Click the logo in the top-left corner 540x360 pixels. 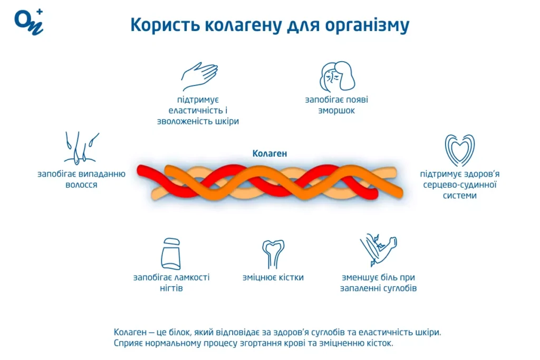pyautogui.click(x=28, y=22)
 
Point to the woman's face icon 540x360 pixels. pyautogui.click(x=337, y=76)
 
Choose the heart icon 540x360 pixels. pyautogui.click(x=459, y=150)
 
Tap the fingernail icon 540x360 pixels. pyautogui.click(x=171, y=254)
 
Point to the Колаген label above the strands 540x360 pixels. pyautogui.click(x=269, y=154)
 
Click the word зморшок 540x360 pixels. pyautogui.click(x=336, y=111)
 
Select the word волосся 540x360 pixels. pyautogui.click(x=81, y=185)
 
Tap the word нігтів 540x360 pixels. pyautogui.click(x=171, y=288)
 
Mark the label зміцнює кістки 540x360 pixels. pyautogui.click(x=273, y=277)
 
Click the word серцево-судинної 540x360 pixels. pyautogui.click(x=459, y=184)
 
